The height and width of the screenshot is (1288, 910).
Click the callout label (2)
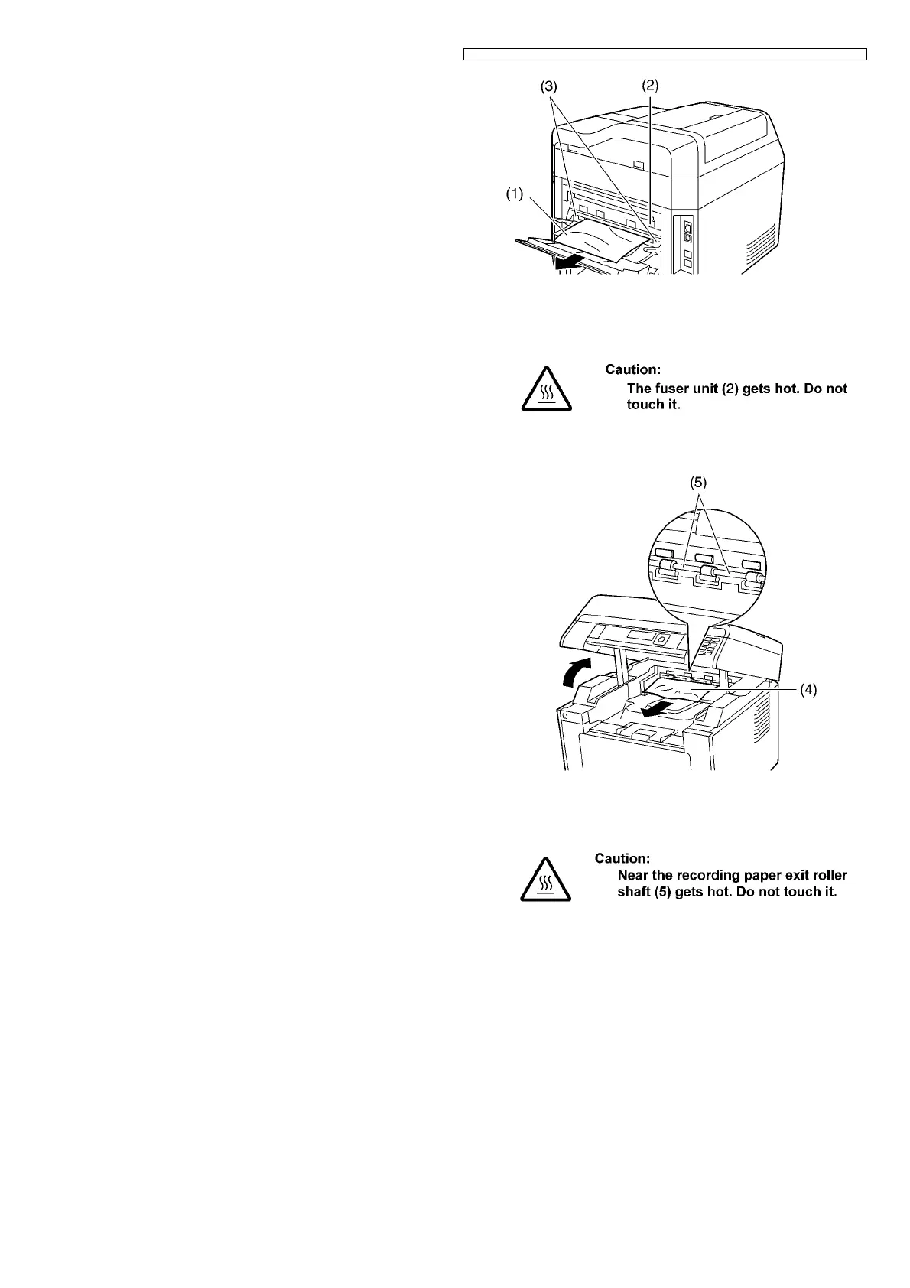coord(648,86)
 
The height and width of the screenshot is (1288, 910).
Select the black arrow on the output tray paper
coord(658,709)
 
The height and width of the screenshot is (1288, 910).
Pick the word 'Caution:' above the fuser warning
coord(632,369)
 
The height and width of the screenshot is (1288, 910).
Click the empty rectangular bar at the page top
coord(665,54)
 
